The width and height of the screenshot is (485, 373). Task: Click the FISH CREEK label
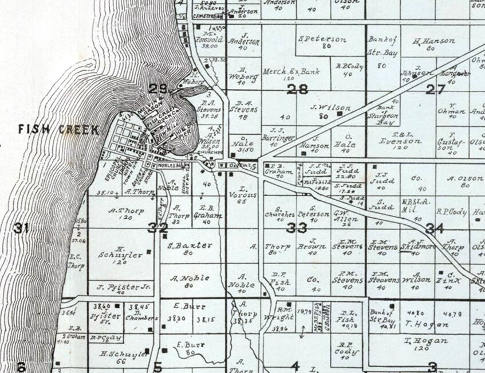58,129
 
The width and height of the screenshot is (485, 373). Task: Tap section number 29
159,88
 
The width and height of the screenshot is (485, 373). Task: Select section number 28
298,89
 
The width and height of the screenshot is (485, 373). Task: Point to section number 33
297,228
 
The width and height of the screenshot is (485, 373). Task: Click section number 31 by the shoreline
21,228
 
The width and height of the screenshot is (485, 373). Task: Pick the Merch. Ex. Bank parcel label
283,72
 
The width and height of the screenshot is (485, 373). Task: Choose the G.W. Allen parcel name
346,213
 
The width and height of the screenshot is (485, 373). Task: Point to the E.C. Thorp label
76,262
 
